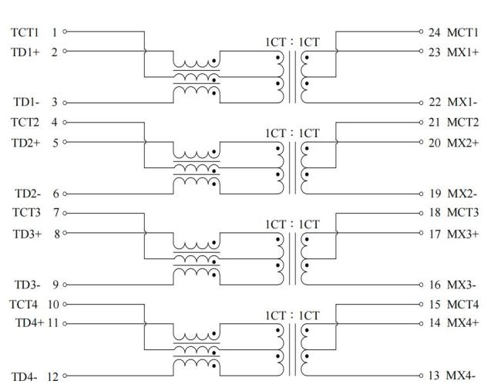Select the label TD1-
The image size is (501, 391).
pyautogui.click(x=22, y=102)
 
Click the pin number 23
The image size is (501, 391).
pyautogui.click(x=435, y=52)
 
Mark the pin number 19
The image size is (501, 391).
pyautogui.click(x=435, y=193)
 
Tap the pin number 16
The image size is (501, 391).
pyautogui.click(x=435, y=284)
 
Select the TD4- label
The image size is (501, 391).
pyautogui.click(x=22, y=376)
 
